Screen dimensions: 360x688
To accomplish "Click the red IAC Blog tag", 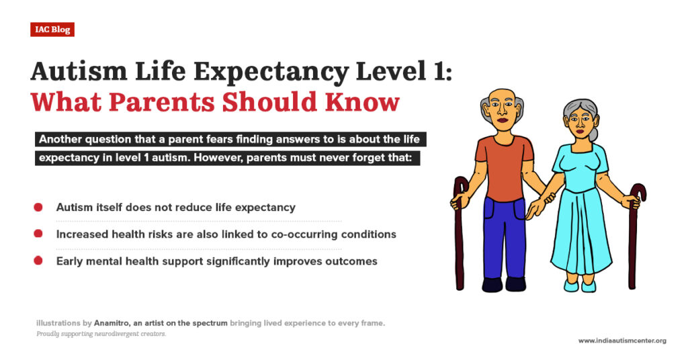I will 52,29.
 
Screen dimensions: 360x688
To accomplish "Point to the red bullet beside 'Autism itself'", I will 38,207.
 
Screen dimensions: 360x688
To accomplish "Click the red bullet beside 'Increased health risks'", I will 38,234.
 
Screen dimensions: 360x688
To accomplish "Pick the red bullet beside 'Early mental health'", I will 38,261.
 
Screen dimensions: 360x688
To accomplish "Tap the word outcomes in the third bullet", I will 349,261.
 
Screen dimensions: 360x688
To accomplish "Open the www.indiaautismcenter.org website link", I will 622,341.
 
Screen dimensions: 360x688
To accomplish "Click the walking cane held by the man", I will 460,235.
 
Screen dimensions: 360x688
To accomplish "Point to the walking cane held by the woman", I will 633,242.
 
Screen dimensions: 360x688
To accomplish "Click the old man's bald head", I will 502,94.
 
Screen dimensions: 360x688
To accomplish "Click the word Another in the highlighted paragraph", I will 60,140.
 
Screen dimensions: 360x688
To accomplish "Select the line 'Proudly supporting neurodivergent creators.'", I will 101,334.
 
